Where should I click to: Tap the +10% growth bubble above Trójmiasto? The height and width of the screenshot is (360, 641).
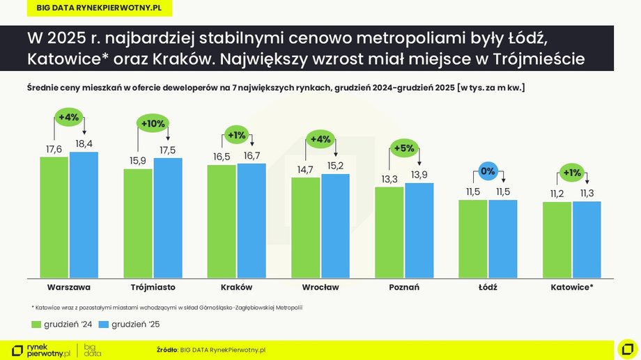pos(153,123)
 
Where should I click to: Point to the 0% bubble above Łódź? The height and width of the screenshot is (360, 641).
pos(488,171)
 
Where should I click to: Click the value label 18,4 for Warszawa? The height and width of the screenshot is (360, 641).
pos(84,143)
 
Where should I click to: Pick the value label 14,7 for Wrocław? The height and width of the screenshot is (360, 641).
pos(305,169)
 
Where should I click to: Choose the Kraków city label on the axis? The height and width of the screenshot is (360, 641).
pos(236,287)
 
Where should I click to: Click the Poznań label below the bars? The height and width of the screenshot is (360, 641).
pos(404,287)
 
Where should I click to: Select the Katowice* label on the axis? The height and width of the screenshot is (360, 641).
pos(572,287)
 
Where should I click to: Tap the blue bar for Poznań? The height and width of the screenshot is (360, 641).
pos(419,230)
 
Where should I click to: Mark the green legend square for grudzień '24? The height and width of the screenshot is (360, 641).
pos(37,324)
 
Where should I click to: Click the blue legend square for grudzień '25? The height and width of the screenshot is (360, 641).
pos(104,324)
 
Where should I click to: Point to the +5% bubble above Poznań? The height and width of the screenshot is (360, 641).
pos(404,148)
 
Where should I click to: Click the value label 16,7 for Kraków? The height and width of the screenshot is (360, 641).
pos(251,155)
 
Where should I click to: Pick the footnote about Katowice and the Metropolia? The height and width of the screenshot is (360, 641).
pos(167,307)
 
